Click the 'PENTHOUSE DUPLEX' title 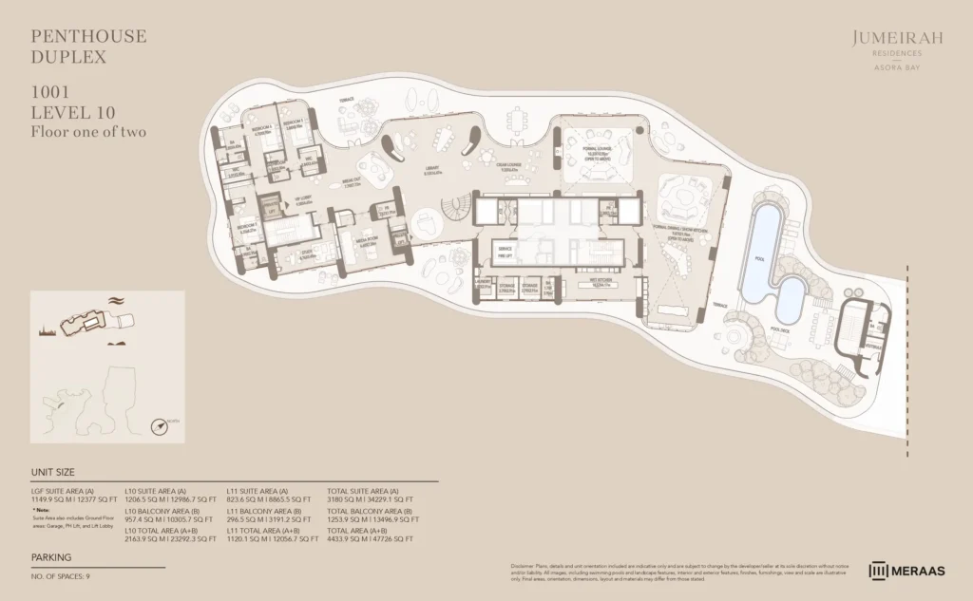click(89, 47)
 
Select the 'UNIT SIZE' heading click(53, 472)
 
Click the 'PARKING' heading click(50, 558)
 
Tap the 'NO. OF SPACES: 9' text click(61, 576)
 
